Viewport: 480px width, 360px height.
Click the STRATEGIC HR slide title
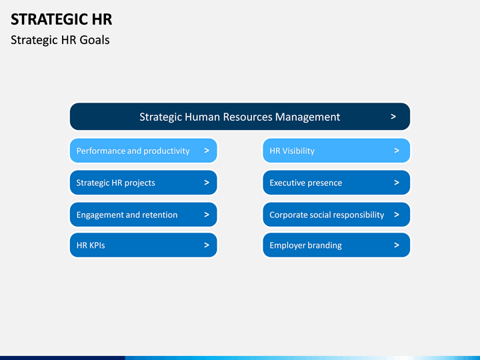tap(61, 19)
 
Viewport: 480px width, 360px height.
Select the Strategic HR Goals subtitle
tap(60, 40)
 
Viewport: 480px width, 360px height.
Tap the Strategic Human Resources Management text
tap(239, 117)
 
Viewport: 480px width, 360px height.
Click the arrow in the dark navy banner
tap(393, 117)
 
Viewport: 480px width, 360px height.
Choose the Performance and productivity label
tap(133, 151)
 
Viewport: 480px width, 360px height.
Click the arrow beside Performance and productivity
tap(207, 151)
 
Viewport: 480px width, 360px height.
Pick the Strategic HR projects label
tap(115, 183)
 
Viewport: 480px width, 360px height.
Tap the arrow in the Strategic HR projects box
tap(207, 183)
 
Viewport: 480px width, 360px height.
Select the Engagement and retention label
tap(127, 215)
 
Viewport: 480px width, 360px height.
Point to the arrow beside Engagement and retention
tap(207, 215)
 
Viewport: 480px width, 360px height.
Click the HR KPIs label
tap(91, 245)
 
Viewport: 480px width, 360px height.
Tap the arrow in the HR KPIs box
tap(207, 245)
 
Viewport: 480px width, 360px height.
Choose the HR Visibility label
tap(292, 151)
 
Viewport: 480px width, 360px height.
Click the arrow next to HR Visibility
tap(397, 151)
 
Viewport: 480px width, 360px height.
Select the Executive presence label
tap(305, 183)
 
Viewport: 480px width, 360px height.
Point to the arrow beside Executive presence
tap(397, 183)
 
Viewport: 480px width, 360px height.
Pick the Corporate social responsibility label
tap(327, 215)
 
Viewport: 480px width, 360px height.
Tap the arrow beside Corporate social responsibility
tap(397, 215)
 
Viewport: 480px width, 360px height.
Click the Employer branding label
tap(305, 245)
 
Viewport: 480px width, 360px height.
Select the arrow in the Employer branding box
tap(397, 245)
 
